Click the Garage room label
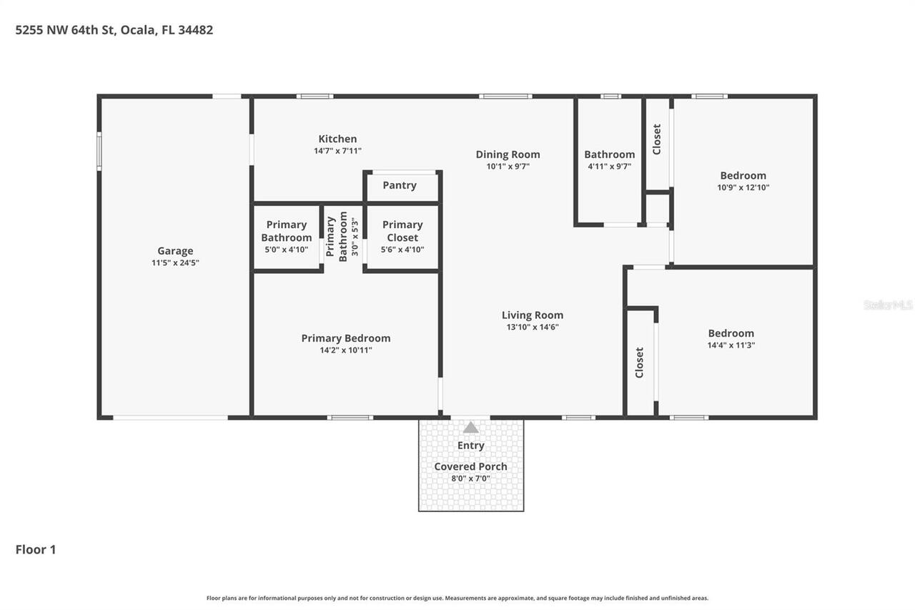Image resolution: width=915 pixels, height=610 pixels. [175, 251]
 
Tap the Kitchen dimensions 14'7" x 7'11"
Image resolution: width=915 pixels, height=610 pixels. [337, 151]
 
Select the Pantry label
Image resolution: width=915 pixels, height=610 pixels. [400, 185]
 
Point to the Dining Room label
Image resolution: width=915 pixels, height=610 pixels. [508, 154]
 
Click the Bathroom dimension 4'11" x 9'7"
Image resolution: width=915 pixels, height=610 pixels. [609, 166]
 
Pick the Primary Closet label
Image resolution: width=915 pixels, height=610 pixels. [402, 231]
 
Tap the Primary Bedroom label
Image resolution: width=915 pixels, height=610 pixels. [346, 338]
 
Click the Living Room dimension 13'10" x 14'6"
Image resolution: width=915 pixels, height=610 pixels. [532, 327]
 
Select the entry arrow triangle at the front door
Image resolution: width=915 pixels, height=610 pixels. [470, 428]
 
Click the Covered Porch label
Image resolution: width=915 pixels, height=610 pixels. [470, 466]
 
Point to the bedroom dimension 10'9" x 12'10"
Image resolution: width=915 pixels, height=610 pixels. [743, 187]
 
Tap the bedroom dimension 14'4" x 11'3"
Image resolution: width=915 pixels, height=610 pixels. [731, 345]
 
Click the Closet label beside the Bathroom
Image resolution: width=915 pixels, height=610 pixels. [657, 139]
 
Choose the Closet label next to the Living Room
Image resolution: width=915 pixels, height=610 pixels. [640, 363]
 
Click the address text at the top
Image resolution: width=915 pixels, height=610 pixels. [114, 30]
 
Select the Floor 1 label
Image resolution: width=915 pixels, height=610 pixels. [36, 549]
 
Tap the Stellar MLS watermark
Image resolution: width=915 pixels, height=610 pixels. [888, 305]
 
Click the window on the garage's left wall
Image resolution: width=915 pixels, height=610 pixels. [99, 151]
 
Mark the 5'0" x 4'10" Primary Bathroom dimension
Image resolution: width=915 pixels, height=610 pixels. [286, 250]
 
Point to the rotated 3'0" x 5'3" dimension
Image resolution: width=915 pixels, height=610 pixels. [354, 237]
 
